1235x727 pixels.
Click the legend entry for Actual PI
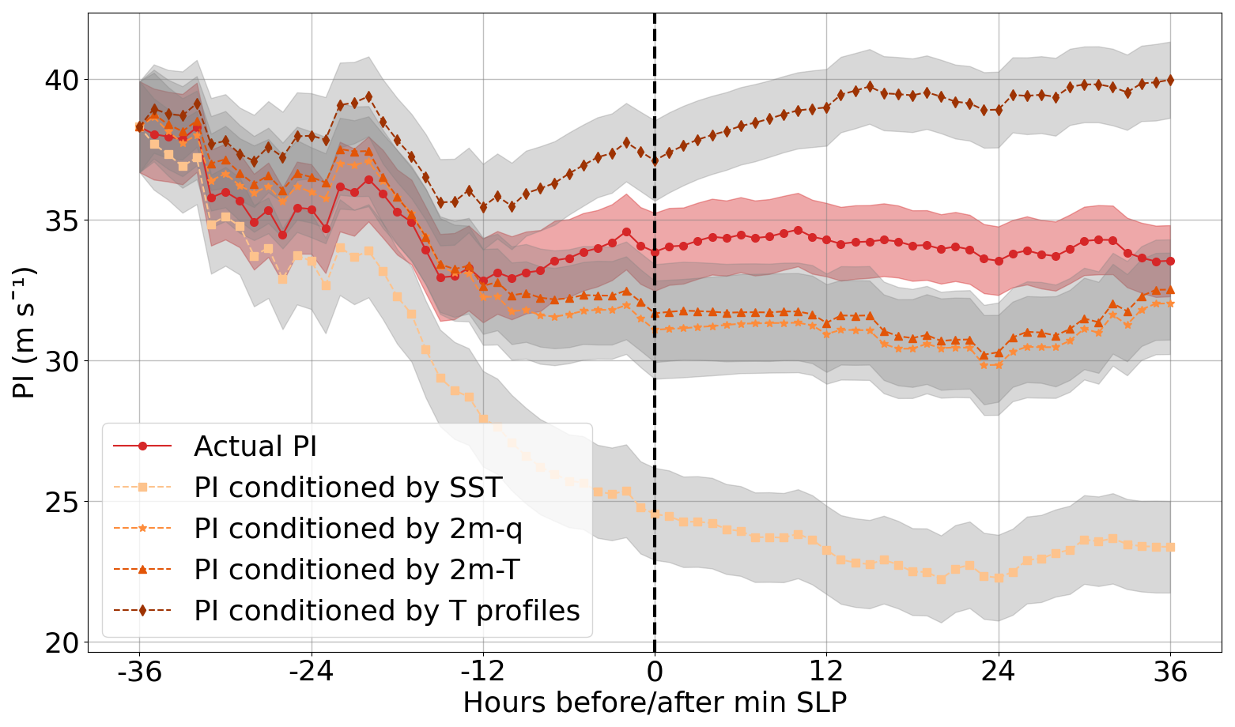coord(255,446)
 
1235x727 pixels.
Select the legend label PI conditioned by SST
coord(348,488)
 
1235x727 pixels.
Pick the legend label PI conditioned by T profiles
coord(387,611)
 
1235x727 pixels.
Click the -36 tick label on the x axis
coord(139,673)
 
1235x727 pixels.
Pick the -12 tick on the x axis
coord(482,673)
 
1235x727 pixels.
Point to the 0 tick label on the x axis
coord(655,673)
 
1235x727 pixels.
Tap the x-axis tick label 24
coord(999,673)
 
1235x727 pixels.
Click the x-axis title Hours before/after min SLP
coord(655,703)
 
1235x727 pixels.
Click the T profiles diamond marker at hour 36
coord(1170,80)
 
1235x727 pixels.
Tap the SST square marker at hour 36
coord(1170,547)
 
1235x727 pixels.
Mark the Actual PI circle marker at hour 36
coord(1170,261)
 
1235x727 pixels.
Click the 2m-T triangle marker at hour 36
coord(1170,289)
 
